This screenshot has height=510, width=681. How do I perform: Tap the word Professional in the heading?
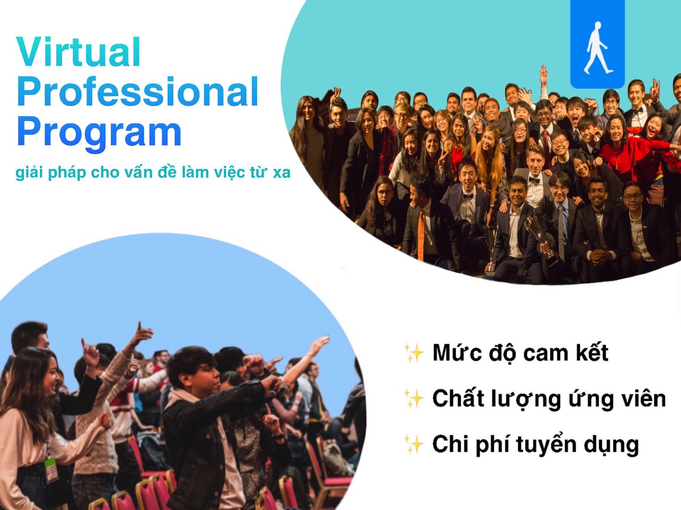(x=138, y=91)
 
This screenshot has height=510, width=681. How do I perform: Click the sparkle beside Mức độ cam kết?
(x=414, y=353)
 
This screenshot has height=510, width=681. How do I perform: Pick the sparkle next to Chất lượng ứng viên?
(x=414, y=399)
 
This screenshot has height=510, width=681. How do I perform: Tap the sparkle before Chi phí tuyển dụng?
(x=414, y=444)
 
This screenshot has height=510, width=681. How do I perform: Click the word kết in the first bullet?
(x=591, y=352)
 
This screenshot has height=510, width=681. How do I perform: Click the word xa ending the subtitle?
(x=282, y=173)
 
